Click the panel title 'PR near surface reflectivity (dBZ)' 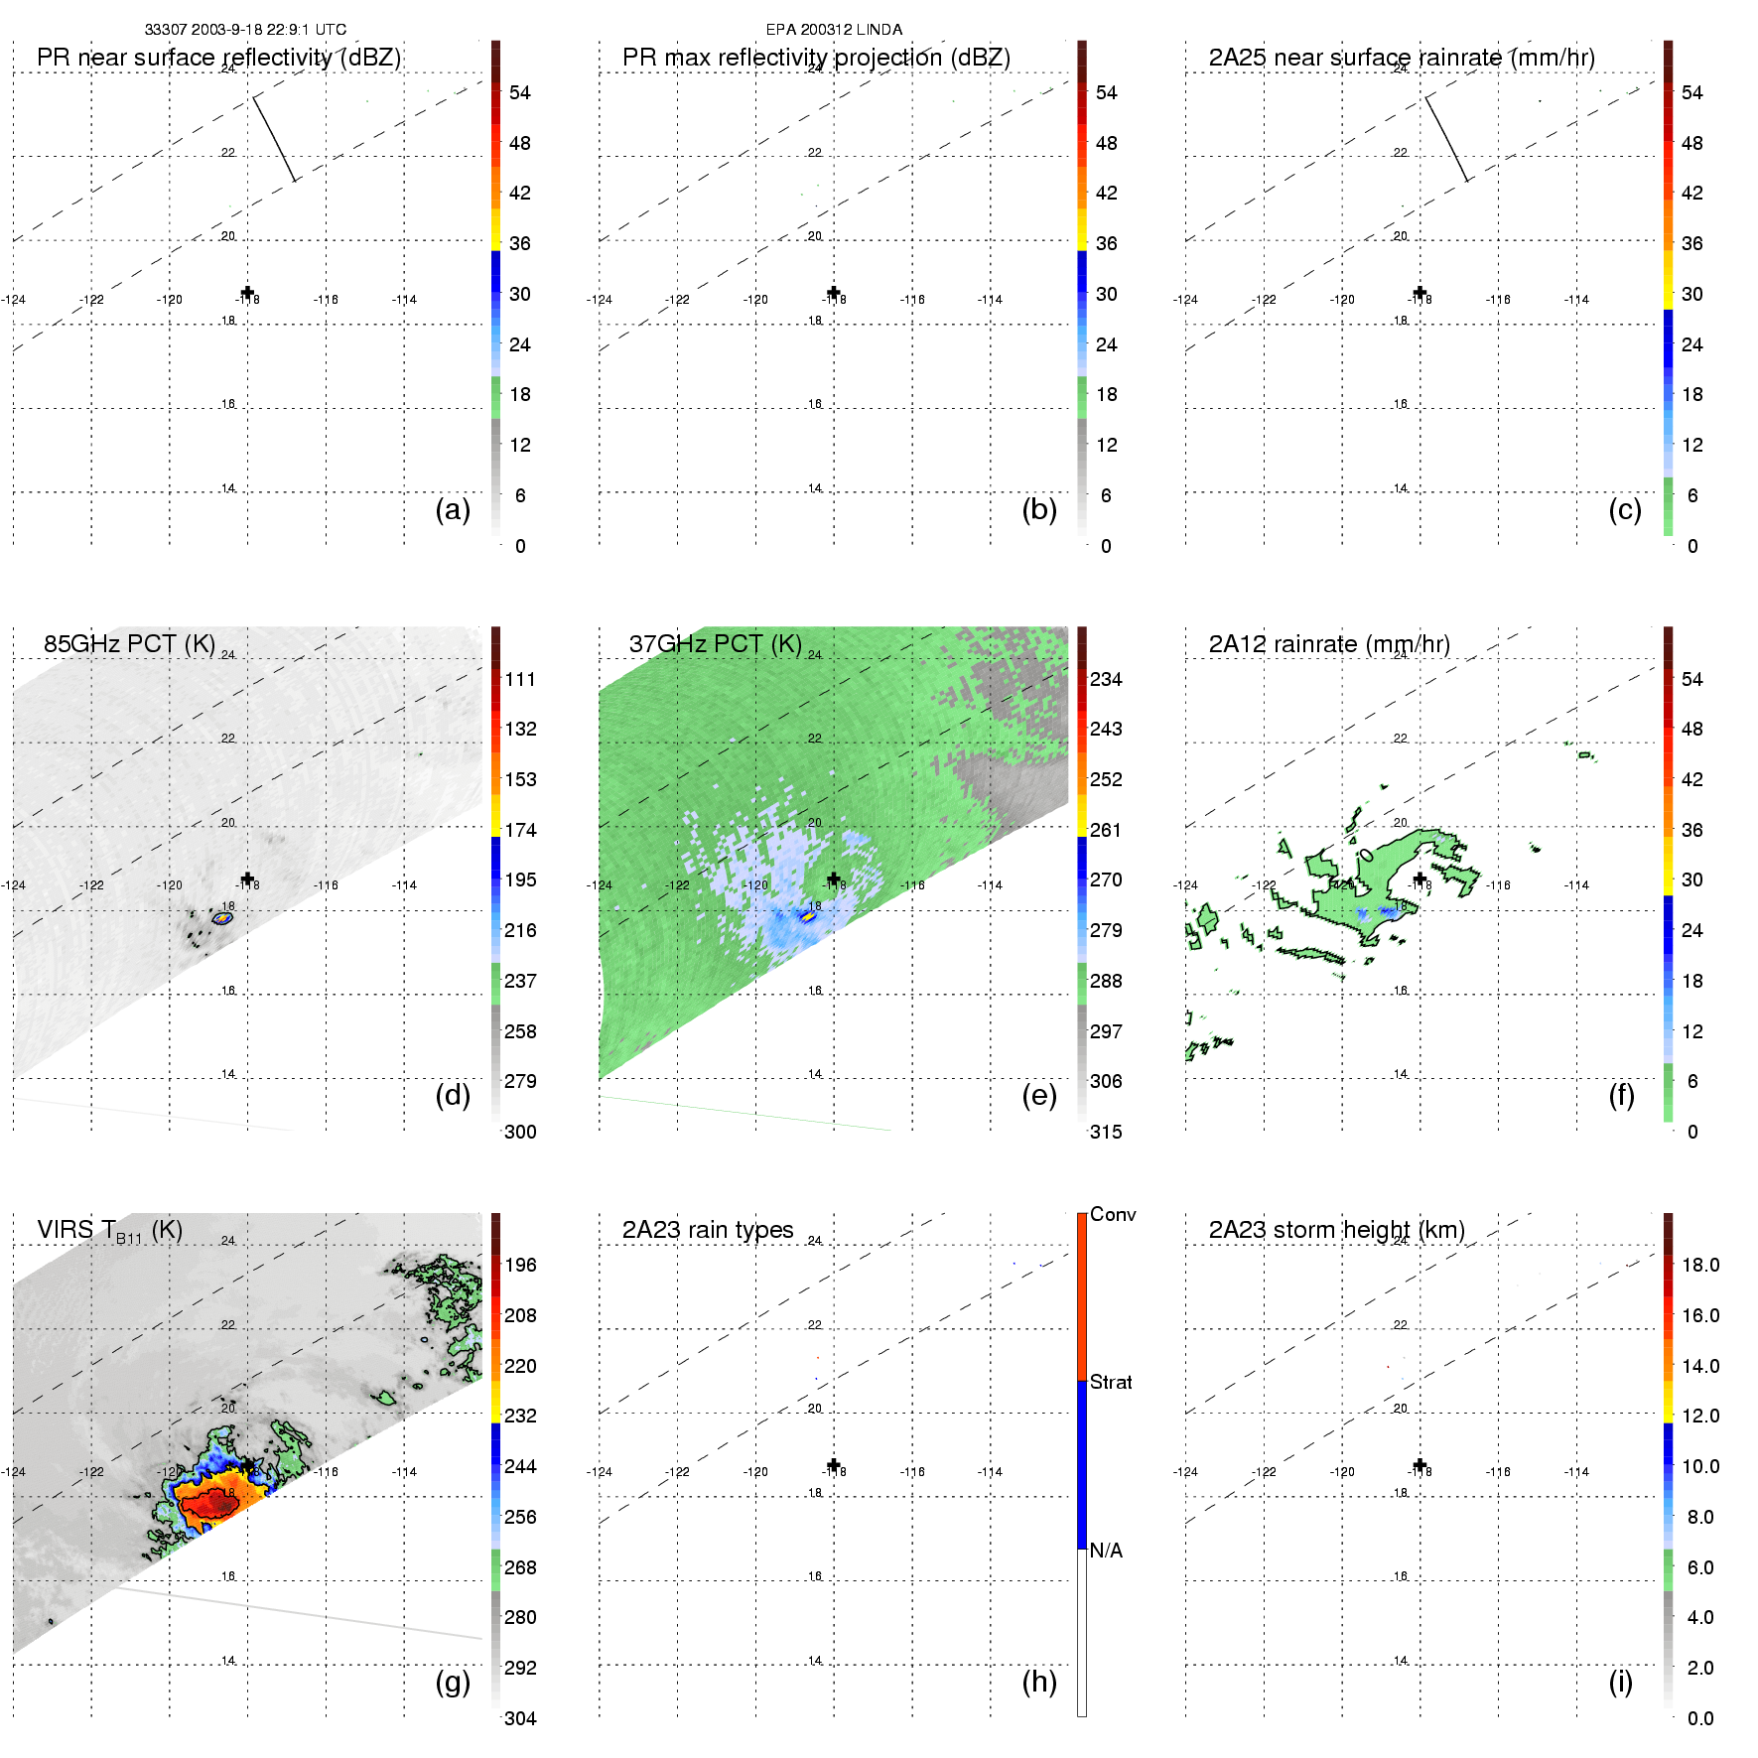[x=218, y=58]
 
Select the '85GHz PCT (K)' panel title [x=129, y=644]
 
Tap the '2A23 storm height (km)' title [x=1336, y=1230]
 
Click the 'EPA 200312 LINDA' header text [x=834, y=30]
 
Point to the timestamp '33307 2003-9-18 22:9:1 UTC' [x=245, y=30]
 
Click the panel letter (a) [x=453, y=509]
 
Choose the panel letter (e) [x=1038, y=1095]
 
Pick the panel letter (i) [x=1620, y=1682]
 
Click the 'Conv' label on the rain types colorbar [x=1113, y=1214]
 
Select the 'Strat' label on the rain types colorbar [x=1111, y=1382]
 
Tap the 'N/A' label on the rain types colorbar [x=1106, y=1551]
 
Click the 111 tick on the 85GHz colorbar [x=520, y=679]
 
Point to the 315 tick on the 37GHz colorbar [x=1106, y=1132]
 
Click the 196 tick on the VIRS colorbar [x=520, y=1265]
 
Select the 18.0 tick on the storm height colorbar [x=1700, y=1265]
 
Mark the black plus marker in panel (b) [x=834, y=293]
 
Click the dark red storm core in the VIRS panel [x=211, y=1505]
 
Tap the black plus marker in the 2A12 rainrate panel [x=1420, y=879]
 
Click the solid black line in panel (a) [x=274, y=138]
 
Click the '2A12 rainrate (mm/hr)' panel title [x=1329, y=644]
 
